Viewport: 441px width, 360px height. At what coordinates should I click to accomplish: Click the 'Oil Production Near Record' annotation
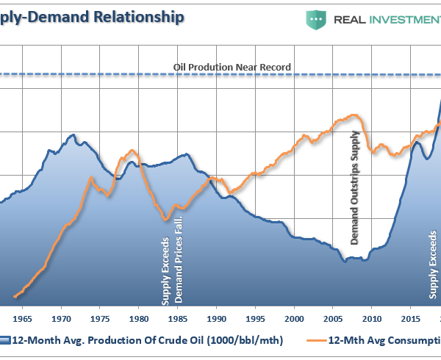232,67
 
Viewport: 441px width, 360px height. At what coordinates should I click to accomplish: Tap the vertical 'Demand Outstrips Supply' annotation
356,188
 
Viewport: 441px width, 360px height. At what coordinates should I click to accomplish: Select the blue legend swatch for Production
4,339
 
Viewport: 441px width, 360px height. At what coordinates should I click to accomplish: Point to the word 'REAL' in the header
352,19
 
